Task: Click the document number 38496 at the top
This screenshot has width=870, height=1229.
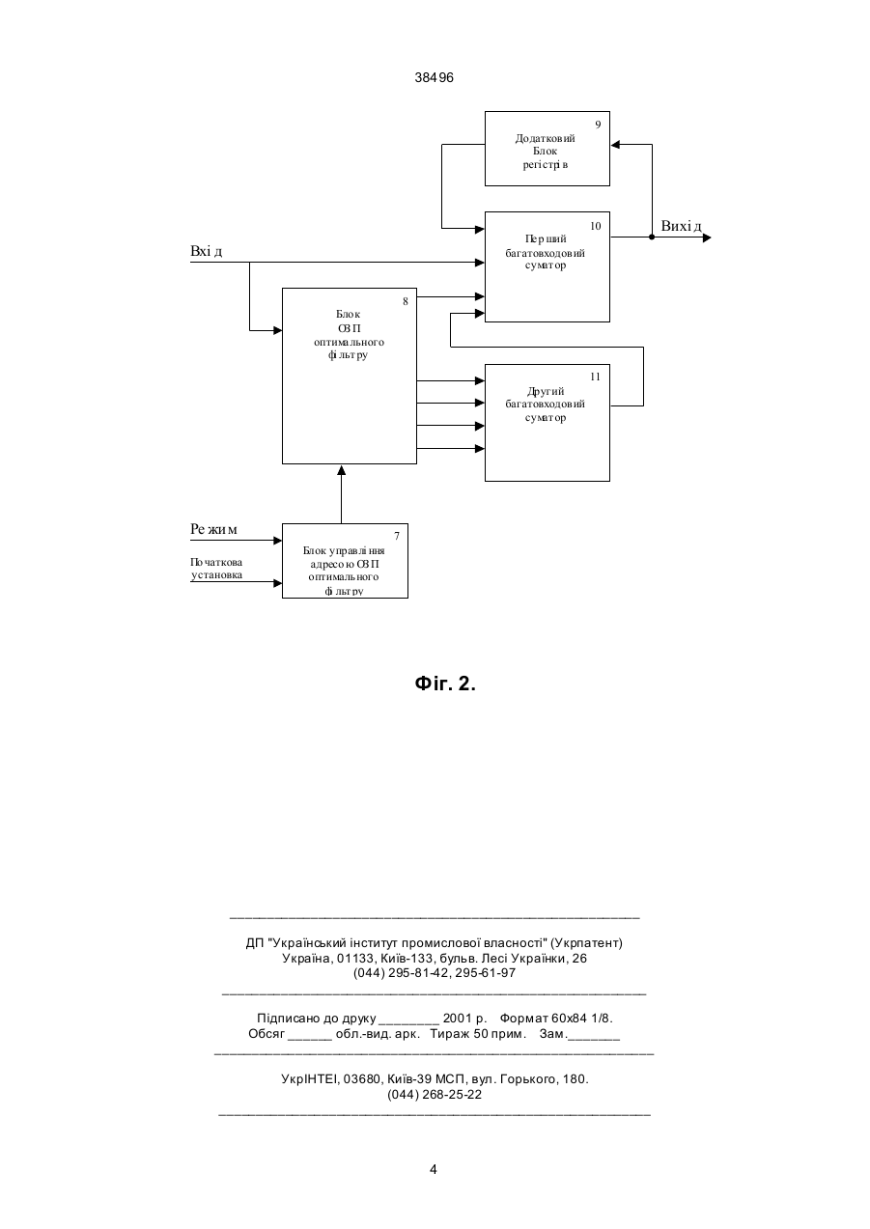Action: click(x=434, y=78)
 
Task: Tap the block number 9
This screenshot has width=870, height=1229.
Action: click(x=599, y=125)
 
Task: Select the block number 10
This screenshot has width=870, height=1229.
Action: click(x=596, y=226)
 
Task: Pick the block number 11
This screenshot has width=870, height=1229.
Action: click(x=596, y=377)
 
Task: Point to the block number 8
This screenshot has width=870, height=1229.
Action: click(x=406, y=301)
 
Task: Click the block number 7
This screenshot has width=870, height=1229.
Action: click(x=397, y=536)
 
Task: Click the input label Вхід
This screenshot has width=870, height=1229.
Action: click(x=207, y=251)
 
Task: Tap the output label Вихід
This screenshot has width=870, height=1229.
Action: click(x=681, y=226)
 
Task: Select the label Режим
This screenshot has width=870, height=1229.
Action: click(x=214, y=529)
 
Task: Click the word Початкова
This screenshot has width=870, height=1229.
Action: click(x=216, y=563)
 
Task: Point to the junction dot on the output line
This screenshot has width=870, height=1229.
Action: click(x=652, y=237)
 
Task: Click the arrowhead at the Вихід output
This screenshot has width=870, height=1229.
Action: click(x=707, y=237)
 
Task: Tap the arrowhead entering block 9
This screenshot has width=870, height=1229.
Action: click(x=615, y=144)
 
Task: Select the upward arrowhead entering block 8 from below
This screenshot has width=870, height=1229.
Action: click(x=341, y=469)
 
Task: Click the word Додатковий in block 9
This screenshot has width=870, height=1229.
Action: click(x=545, y=138)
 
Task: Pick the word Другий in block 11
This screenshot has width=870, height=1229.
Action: click(x=546, y=392)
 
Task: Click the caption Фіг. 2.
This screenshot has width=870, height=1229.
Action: click(x=445, y=684)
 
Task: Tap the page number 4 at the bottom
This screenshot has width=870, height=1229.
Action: click(x=434, y=1169)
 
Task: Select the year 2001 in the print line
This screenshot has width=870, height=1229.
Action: click(x=458, y=1018)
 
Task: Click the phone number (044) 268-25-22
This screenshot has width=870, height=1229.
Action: click(x=435, y=1094)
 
